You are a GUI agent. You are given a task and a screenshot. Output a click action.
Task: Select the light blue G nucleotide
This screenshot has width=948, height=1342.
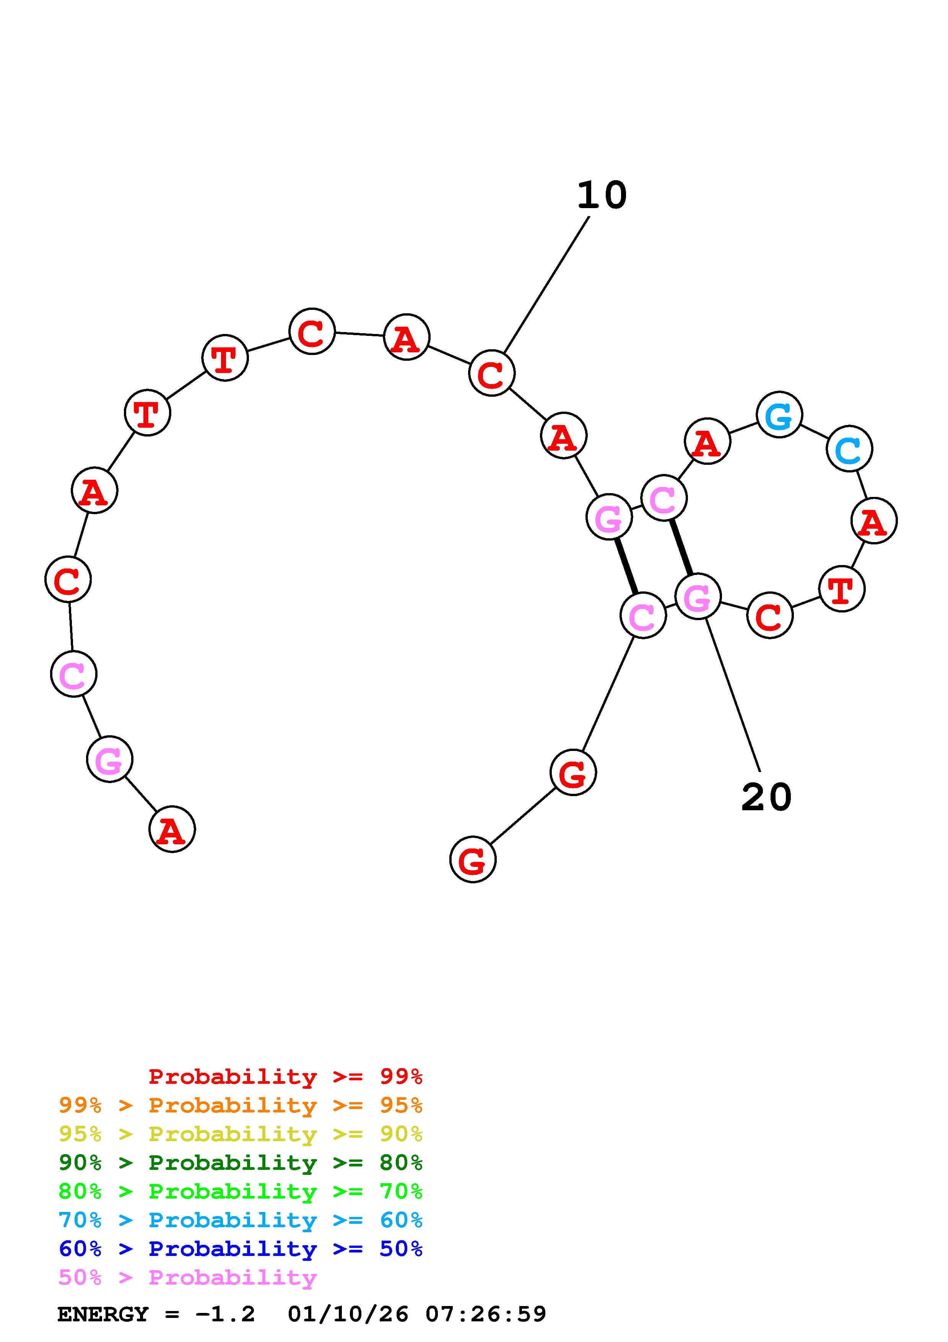click(x=779, y=415)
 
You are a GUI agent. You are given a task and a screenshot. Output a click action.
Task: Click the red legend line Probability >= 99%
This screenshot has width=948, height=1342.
click(x=285, y=1077)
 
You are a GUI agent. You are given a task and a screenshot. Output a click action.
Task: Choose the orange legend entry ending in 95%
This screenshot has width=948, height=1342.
click(x=241, y=1105)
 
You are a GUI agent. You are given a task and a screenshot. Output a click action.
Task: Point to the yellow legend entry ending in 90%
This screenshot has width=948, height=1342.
click(x=241, y=1134)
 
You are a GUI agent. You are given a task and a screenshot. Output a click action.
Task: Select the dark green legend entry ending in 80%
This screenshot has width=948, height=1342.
click(x=241, y=1163)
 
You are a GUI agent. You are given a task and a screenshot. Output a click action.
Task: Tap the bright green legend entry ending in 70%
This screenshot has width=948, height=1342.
click(x=241, y=1191)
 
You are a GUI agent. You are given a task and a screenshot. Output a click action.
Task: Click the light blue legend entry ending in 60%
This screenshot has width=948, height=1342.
click(x=241, y=1220)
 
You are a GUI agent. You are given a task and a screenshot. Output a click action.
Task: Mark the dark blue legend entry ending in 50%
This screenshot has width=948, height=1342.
click(x=241, y=1249)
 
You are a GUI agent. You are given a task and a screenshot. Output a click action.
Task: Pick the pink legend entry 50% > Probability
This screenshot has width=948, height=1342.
click(x=187, y=1277)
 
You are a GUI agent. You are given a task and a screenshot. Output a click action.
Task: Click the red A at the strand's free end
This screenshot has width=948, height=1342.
click(x=172, y=829)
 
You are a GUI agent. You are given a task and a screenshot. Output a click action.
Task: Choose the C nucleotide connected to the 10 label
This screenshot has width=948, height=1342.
click(x=491, y=373)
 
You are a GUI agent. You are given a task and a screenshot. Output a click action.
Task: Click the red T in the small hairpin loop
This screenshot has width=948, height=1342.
click(x=841, y=589)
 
